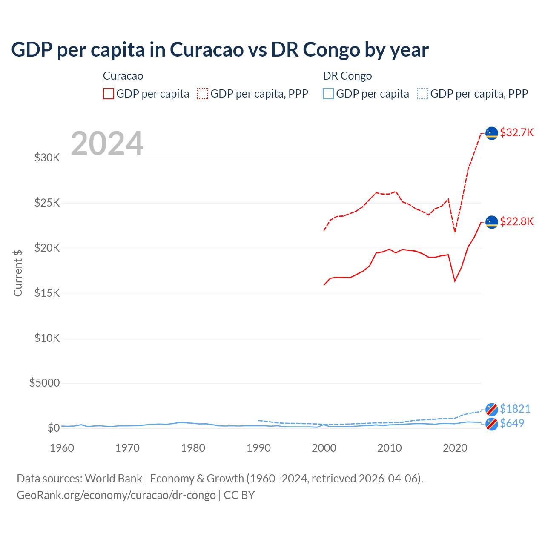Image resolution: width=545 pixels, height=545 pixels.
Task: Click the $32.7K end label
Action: tap(516, 132)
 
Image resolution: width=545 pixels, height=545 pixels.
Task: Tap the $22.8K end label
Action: tap(516, 221)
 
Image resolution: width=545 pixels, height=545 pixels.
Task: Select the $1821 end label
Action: tap(515, 409)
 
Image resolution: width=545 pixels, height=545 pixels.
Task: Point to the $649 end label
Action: tap(512, 423)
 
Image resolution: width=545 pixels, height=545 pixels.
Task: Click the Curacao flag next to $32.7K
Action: tap(492, 133)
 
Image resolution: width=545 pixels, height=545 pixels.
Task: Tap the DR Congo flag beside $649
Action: tap(492, 424)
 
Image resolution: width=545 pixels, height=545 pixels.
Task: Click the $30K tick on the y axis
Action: tap(47, 158)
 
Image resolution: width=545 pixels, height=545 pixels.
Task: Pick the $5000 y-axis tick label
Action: tap(45, 383)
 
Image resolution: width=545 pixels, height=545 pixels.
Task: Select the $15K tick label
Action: tap(47, 293)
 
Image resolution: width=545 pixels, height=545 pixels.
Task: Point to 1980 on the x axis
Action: tap(193, 448)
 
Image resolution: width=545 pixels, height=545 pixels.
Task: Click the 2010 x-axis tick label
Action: tap(390, 448)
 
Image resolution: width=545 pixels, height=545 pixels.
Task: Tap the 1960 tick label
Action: tap(62, 448)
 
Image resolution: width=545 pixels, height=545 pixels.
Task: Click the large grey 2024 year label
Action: tap(107, 143)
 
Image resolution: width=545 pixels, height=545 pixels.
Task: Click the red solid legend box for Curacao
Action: tap(109, 94)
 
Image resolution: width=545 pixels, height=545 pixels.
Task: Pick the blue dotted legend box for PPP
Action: tap(423, 94)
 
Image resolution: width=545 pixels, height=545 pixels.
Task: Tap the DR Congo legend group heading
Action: tap(347, 76)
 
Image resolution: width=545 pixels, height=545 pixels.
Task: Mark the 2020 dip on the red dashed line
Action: tap(455, 232)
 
